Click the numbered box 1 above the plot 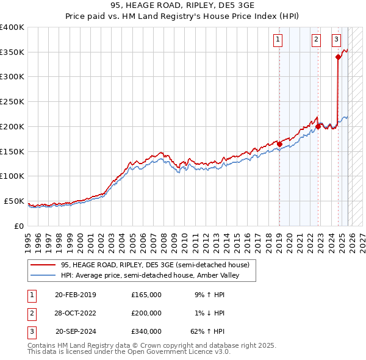tap(278, 40)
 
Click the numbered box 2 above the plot tap(317, 40)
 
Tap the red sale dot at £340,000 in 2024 tap(338, 57)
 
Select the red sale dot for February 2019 tap(279, 144)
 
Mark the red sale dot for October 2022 tap(318, 127)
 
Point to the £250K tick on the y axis tap(12, 101)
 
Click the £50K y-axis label tap(14, 201)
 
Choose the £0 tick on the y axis tap(19, 226)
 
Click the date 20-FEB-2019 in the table tap(76, 295)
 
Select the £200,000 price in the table tap(146, 313)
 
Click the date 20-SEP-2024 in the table tap(76, 331)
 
